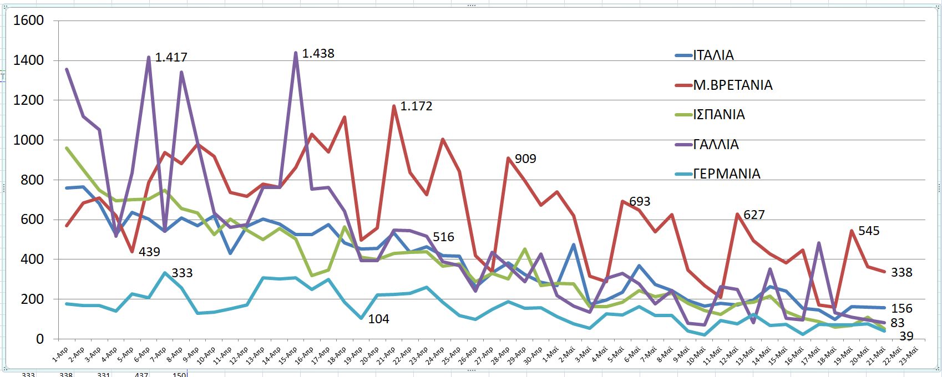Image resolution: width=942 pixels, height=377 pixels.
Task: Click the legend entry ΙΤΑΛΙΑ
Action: (713, 55)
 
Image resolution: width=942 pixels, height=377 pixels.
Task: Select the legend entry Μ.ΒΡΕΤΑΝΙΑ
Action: (732, 85)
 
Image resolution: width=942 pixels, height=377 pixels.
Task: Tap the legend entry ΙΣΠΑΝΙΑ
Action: (719, 115)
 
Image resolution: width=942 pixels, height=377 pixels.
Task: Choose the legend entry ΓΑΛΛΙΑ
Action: (716, 145)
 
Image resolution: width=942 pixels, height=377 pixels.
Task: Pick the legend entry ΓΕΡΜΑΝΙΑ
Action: (726, 174)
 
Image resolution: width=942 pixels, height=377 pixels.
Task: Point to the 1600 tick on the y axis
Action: (28, 21)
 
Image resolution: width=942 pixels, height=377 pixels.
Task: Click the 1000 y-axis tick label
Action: (28, 140)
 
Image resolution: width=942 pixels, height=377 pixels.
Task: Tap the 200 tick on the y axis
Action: (32, 299)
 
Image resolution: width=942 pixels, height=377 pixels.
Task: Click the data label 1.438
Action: (318, 54)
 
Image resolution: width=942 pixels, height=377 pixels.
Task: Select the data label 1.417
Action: (171, 57)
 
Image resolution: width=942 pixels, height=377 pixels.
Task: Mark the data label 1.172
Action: (416, 106)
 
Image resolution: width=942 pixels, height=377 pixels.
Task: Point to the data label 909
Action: (525, 159)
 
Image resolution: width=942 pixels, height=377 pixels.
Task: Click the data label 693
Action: (640, 202)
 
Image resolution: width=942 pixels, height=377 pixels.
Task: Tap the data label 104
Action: (379, 319)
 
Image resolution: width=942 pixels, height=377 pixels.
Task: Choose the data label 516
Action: (443, 237)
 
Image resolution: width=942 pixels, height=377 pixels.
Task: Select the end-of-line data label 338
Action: (902, 272)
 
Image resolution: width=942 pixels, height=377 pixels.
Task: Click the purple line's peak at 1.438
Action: (296, 53)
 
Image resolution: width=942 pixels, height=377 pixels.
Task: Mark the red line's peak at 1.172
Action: (394, 106)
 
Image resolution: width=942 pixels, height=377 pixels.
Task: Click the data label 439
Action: (149, 252)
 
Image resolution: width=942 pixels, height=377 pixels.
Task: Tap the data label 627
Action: (754, 215)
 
